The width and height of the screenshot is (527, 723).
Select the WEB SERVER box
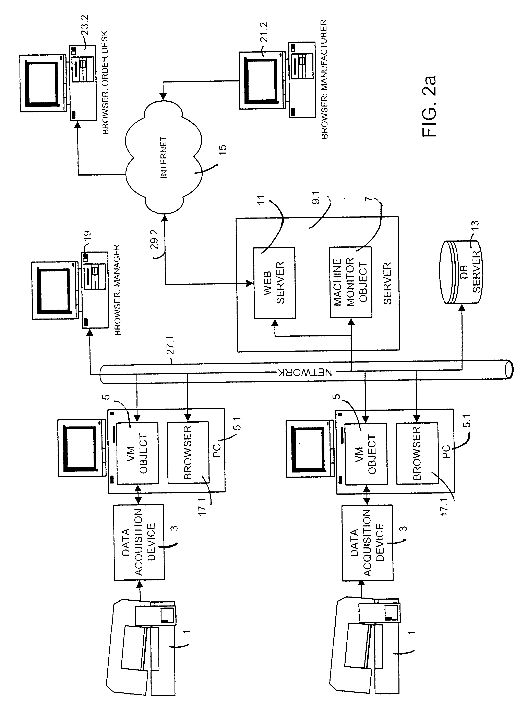click(274, 283)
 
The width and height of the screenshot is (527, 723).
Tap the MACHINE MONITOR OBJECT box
click(351, 282)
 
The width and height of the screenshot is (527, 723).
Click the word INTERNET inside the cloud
click(163, 157)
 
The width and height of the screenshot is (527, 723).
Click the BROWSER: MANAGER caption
click(117, 290)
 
